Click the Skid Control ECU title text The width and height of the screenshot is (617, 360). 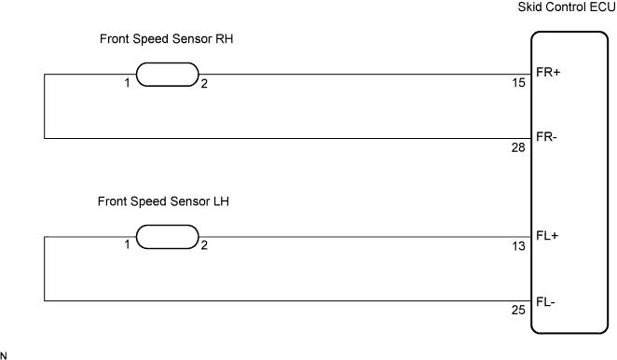(x=567, y=7)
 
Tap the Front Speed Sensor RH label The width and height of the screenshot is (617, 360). (x=167, y=39)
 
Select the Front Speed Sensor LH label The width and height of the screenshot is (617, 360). (x=163, y=201)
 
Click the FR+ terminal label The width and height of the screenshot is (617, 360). (x=548, y=72)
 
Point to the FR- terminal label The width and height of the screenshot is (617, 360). (x=546, y=137)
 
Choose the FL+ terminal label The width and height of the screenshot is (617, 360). (x=547, y=236)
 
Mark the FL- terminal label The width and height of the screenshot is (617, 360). (x=545, y=301)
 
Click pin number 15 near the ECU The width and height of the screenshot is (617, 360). (x=518, y=83)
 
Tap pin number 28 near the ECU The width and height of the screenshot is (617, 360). (x=518, y=147)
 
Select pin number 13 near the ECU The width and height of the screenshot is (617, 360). (x=518, y=246)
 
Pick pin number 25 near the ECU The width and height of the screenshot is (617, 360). (x=518, y=310)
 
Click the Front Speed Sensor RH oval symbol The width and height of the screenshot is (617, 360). (x=168, y=75)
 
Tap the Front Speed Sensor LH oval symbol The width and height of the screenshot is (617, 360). (x=168, y=237)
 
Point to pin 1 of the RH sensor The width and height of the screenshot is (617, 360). (x=127, y=83)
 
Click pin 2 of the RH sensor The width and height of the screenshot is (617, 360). (x=204, y=84)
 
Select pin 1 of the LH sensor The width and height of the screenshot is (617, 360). (x=127, y=244)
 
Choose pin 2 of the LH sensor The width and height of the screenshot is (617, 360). (x=204, y=245)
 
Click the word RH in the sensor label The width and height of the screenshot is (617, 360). (x=225, y=39)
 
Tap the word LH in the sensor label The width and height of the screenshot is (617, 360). (x=221, y=201)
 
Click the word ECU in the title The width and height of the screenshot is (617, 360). (x=602, y=7)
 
